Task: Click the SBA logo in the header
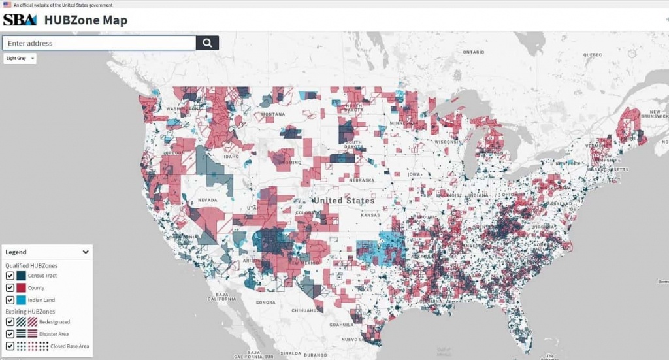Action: [20, 20]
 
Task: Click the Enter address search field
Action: [99, 43]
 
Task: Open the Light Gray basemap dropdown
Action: [20, 58]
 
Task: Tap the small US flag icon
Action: [7, 5]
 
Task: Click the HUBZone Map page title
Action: [86, 20]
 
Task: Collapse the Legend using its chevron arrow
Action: [86, 252]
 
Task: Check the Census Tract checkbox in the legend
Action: [10, 276]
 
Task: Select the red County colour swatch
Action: [22, 287]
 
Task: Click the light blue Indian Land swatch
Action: [22, 300]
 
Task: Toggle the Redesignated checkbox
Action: [10, 321]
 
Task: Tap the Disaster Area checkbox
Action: [10, 333]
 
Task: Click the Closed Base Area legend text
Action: [69, 346]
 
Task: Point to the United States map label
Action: [343, 200]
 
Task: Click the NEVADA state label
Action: [207, 200]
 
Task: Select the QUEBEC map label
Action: [592, 55]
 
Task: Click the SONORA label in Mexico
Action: [266, 302]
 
